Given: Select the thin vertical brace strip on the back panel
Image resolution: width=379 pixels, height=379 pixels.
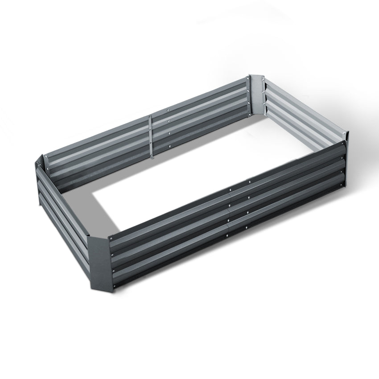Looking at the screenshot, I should pyautogui.click(x=150, y=136).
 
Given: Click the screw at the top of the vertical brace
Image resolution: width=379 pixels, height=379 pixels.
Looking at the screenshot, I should pyautogui.click(x=149, y=117).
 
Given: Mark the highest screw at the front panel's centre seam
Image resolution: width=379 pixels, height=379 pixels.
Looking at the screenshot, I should pyautogui.click(x=230, y=189).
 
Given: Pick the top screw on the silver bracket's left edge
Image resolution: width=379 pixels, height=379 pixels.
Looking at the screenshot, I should pyautogui.click(x=249, y=81).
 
